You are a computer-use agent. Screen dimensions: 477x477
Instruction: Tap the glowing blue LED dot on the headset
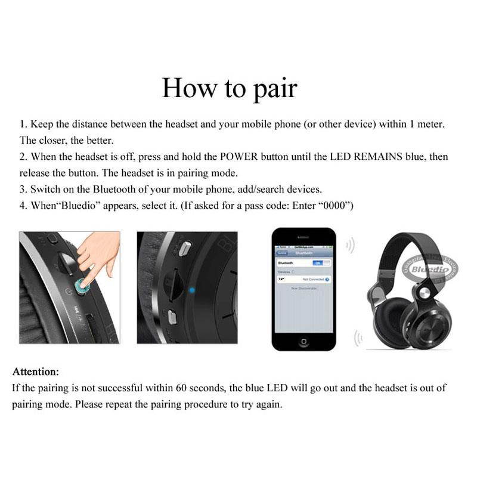pos(191,290)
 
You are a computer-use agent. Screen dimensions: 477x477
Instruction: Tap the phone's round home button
pos(303,342)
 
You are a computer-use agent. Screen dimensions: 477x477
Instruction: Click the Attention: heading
pos(36,371)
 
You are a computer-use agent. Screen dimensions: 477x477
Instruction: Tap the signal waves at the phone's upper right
pos(350,245)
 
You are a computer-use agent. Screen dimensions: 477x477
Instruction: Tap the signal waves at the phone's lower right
pos(358,339)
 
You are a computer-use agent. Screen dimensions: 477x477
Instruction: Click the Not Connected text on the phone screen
pos(313,279)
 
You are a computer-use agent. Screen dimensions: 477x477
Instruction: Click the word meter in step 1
pos(431,125)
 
